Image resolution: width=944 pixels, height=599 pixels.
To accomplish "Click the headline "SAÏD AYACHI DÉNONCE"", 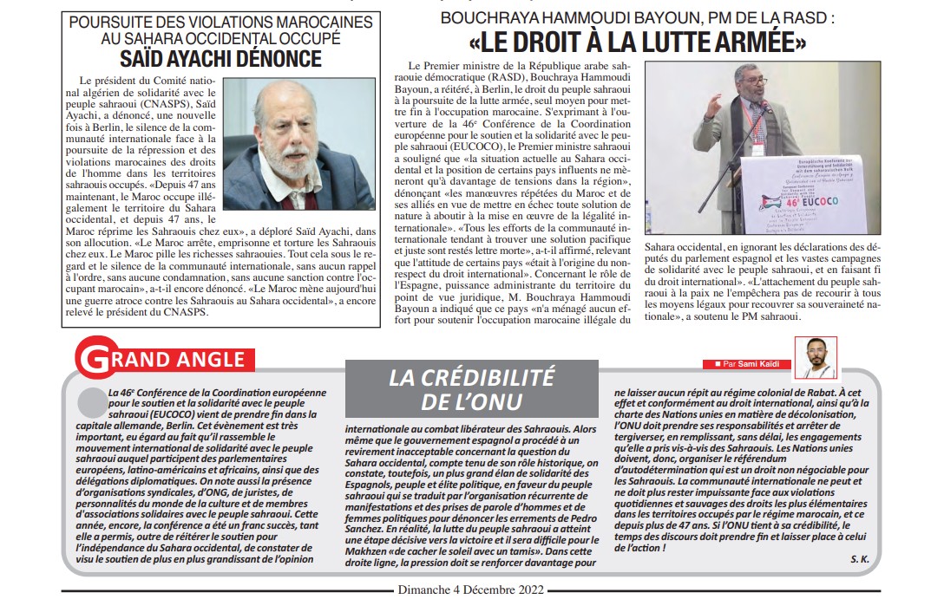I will point(220,59).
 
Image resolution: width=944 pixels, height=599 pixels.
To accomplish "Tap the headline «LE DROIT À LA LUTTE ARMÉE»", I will point(638,40).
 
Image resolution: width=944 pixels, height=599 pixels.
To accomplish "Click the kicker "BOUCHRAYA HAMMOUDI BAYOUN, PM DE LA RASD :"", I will point(637,16).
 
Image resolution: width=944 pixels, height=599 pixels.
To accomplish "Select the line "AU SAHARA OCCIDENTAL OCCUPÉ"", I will point(221,39).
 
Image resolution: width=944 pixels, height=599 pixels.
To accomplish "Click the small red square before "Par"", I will point(717,362).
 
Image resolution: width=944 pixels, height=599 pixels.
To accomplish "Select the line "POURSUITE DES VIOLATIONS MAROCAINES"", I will point(221,23).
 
